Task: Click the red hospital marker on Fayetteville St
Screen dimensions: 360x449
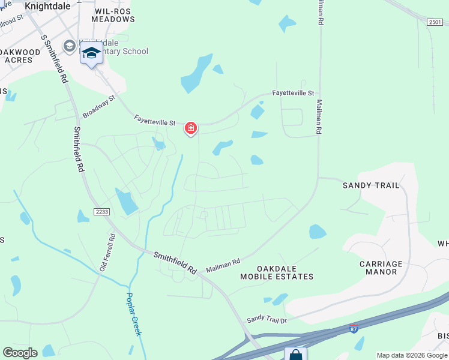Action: click(191, 128)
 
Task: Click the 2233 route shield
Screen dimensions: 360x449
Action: click(101, 211)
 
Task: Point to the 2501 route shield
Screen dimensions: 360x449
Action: click(435, 22)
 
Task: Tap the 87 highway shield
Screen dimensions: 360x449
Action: click(354, 329)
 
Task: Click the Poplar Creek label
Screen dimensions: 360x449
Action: click(133, 314)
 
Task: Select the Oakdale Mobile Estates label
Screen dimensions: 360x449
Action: click(277, 272)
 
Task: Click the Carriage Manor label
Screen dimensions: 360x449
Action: click(381, 268)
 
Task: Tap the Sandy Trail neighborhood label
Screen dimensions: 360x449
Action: click(370, 185)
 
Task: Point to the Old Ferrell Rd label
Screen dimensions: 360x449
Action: click(108, 252)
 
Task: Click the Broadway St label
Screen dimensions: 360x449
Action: click(98, 106)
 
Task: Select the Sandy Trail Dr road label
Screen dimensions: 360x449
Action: click(267, 319)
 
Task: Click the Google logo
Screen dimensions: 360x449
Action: click(20, 353)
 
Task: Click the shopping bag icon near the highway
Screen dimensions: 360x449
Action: click(295, 355)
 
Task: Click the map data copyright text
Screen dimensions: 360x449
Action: click(412, 355)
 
